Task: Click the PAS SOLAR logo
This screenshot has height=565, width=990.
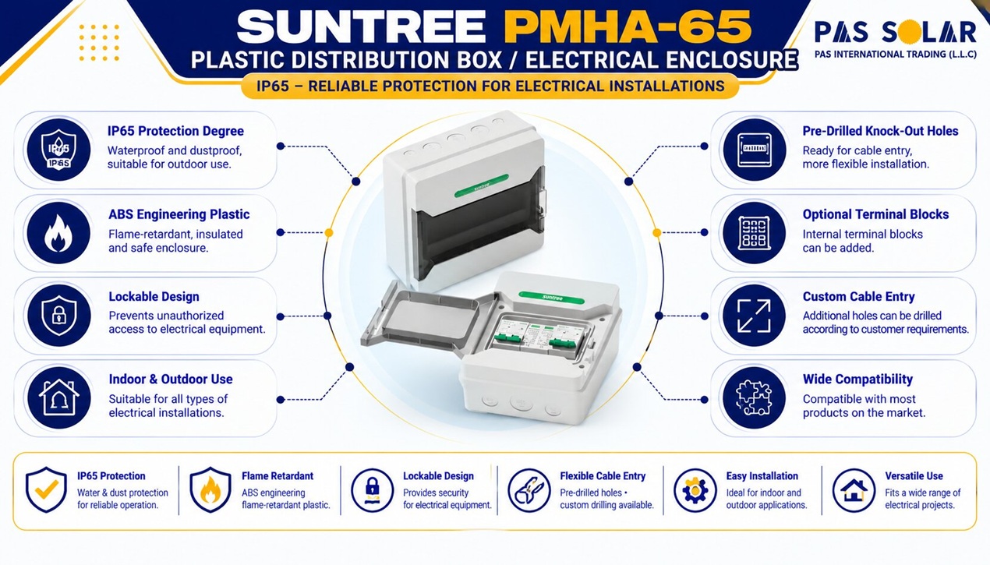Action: pos(896,39)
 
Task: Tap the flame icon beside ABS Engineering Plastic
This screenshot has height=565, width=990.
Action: pos(58,233)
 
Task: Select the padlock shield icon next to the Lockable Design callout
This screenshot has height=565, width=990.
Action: pos(58,316)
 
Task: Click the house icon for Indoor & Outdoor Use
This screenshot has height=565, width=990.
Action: pos(58,398)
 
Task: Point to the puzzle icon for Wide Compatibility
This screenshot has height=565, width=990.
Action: pos(754,398)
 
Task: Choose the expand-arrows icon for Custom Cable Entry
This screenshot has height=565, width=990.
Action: pos(754,316)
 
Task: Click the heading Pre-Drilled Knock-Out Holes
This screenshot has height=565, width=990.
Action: pos(880,131)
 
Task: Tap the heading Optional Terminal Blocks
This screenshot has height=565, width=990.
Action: pos(875,214)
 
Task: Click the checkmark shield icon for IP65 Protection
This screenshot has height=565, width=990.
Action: pos(47,489)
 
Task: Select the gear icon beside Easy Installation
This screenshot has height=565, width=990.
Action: pos(695,490)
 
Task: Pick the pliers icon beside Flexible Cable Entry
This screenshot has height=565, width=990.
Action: pos(529,490)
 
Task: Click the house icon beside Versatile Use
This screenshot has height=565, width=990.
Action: pos(854,490)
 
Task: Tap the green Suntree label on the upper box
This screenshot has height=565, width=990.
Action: pos(482,185)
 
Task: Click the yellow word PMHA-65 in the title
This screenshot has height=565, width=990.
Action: pos(628,26)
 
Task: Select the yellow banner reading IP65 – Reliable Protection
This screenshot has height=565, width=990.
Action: pos(490,86)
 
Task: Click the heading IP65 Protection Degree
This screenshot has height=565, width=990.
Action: pos(175,131)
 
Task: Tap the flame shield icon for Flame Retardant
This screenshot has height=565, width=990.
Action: pos(210,489)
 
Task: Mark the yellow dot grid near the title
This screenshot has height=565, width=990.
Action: pos(99,42)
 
